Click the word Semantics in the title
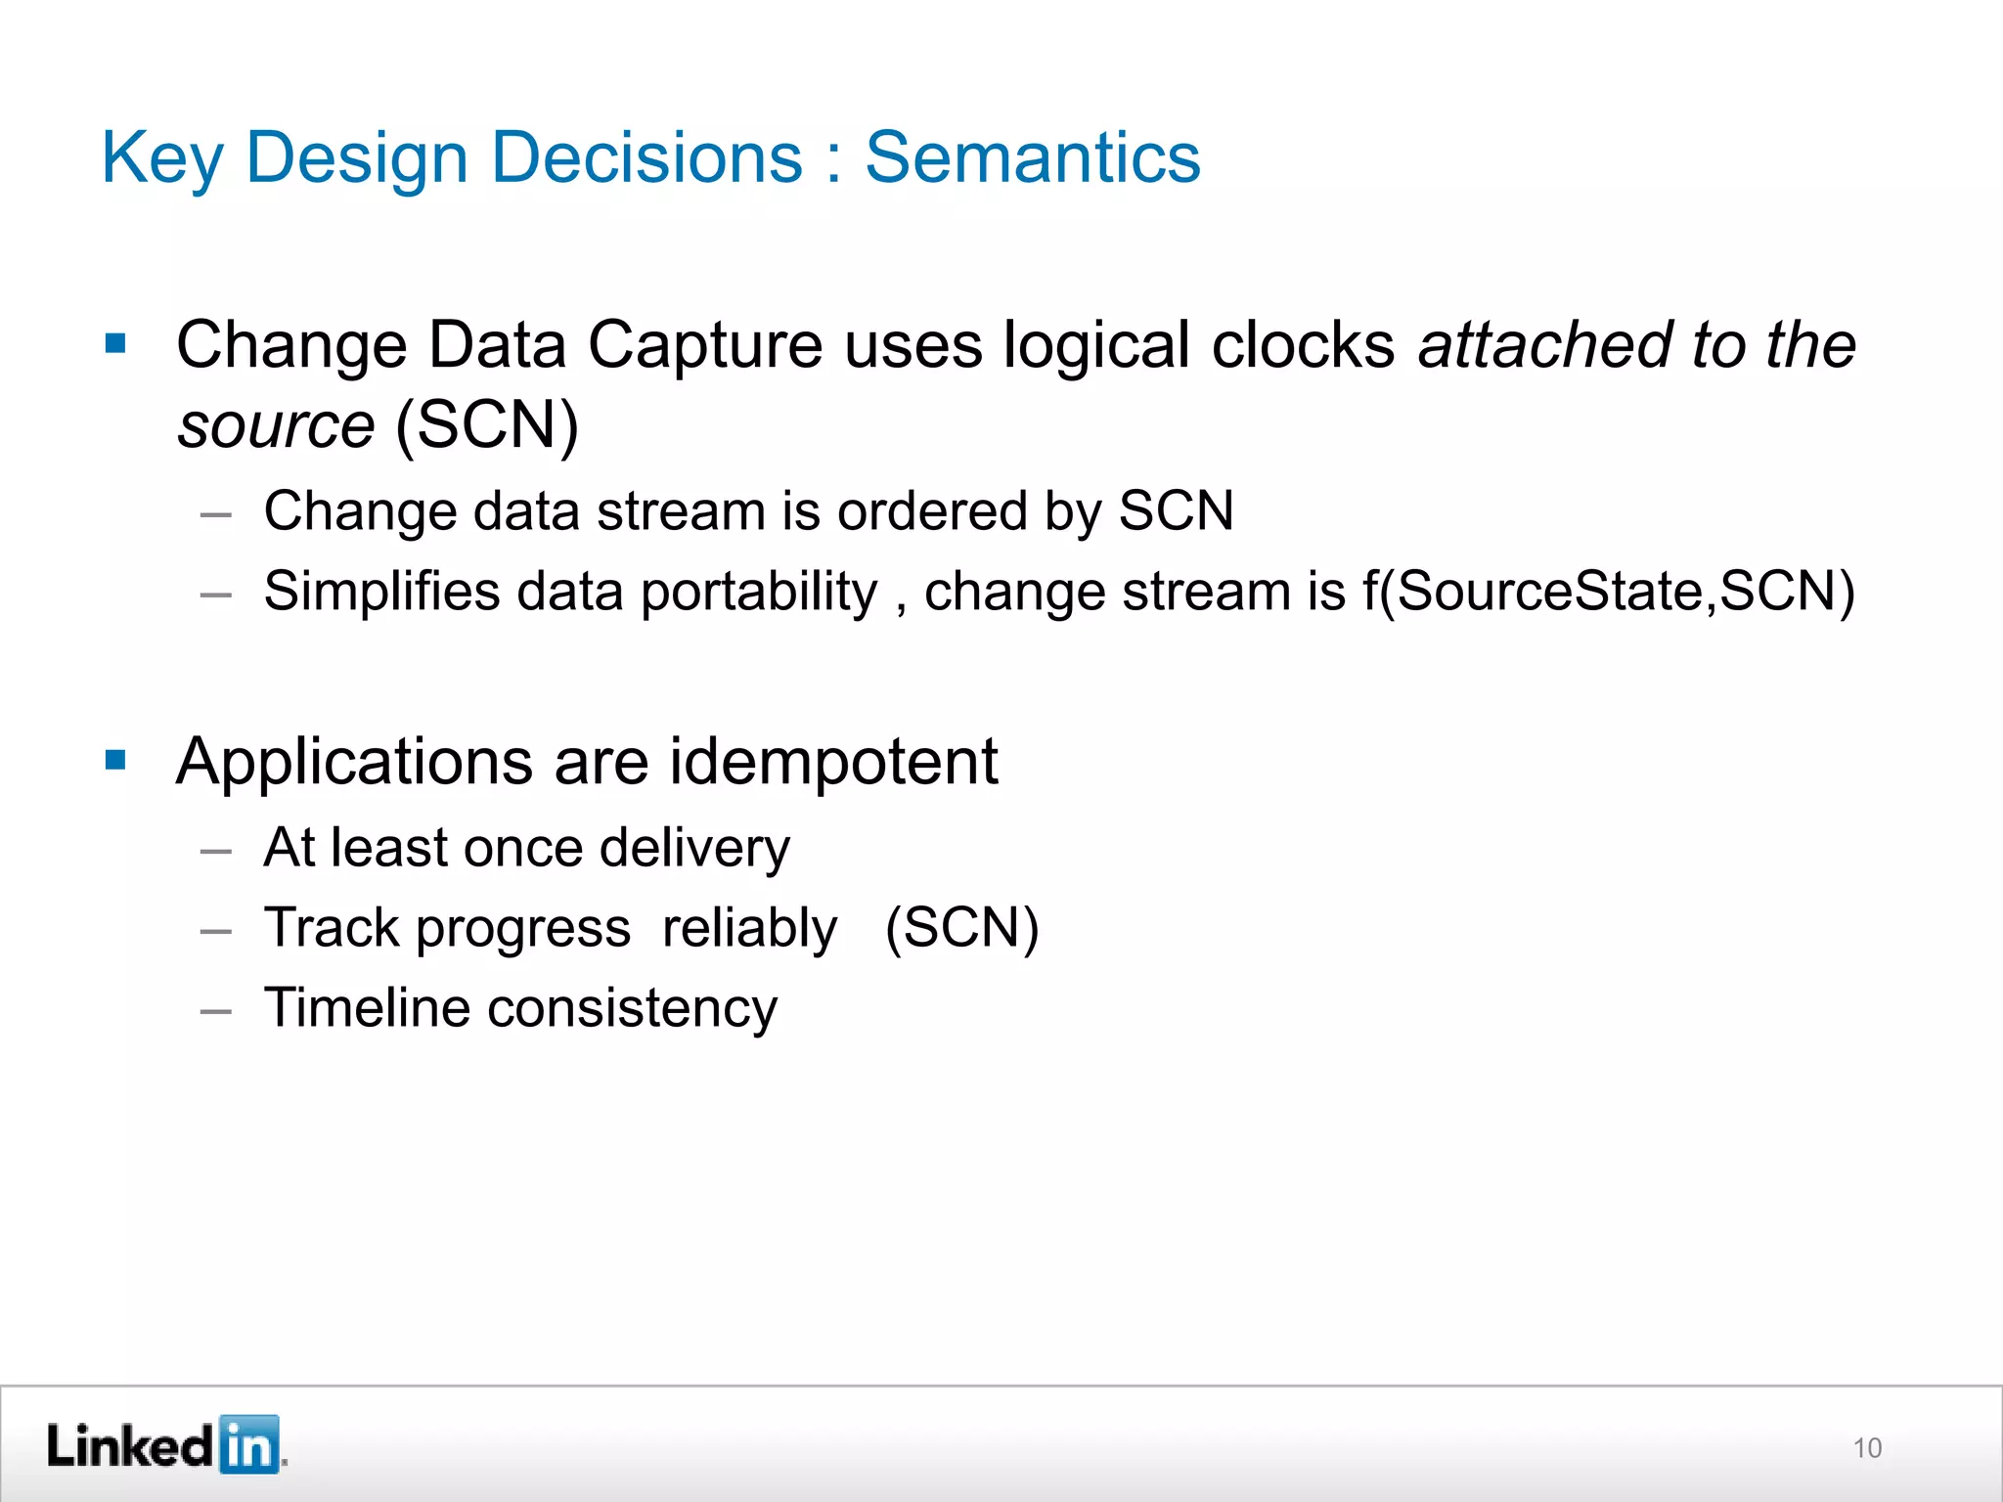pos(1032,158)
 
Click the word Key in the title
pos(162,158)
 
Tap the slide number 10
pos(1867,1447)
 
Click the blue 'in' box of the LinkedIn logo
pos(249,1444)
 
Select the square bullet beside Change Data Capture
pos(115,343)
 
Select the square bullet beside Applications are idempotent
pos(115,760)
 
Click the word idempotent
pos(833,762)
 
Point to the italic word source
pos(276,426)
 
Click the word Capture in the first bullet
pos(705,346)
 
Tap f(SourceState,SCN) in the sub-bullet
pos(1608,592)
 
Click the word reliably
pos(749,929)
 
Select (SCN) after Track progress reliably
pos(961,928)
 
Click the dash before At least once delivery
pos(215,851)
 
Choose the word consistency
pos(632,1009)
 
